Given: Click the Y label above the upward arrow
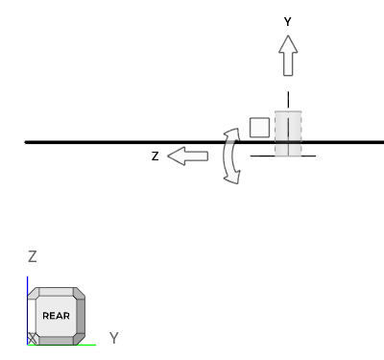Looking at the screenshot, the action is [288, 22].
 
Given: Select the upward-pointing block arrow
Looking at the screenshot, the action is [288, 56].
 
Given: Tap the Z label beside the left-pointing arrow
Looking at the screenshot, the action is [156, 156].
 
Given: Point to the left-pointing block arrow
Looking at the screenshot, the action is [188, 156].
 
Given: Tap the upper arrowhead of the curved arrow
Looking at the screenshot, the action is [233, 134].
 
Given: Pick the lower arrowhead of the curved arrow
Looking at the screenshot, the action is [232, 178].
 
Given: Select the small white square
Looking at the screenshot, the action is [259, 128].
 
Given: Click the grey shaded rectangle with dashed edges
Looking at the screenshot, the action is [288, 133].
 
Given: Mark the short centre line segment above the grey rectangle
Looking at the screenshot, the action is [288, 100].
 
